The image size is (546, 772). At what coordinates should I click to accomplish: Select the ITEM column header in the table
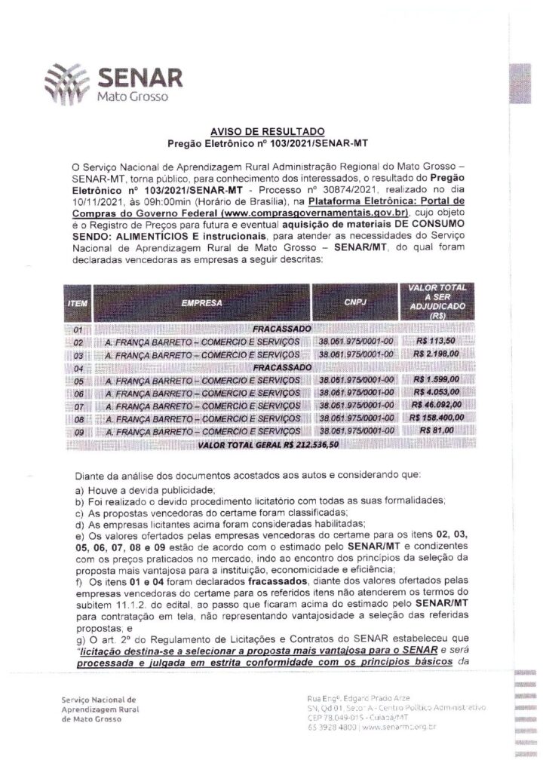(78, 303)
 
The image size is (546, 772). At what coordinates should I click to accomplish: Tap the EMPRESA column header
(201, 302)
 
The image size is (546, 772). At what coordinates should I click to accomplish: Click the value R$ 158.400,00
(440, 416)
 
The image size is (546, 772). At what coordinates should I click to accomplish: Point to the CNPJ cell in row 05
(357, 379)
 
